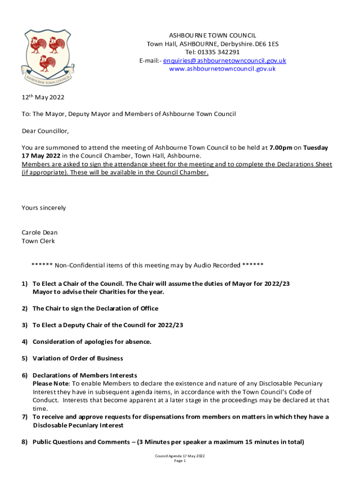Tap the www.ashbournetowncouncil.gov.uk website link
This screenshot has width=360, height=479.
(x=222, y=69)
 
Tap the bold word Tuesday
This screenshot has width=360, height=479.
(x=316, y=147)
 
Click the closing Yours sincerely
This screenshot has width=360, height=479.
(x=44, y=208)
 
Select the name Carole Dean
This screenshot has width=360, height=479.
(x=40, y=232)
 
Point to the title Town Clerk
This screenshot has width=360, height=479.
(x=38, y=241)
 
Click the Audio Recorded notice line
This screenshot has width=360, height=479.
(x=147, y=266)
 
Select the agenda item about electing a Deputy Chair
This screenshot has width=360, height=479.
(x=108, y=325)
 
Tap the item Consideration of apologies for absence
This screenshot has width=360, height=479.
(x=92, y=342)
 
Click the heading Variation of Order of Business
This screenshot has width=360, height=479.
(x=78, y=358)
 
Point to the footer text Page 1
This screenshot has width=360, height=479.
(x=180, y=461)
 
